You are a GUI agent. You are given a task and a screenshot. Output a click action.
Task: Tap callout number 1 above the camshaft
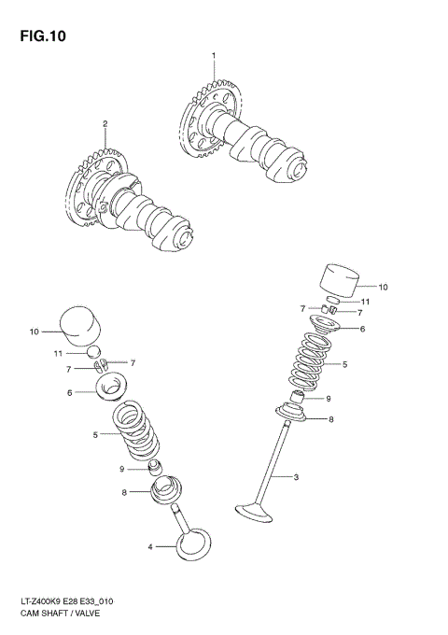click(213, 56)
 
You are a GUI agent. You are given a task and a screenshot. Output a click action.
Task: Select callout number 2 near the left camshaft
click(105, 123)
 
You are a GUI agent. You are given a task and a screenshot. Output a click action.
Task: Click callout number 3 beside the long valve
click(296, 478)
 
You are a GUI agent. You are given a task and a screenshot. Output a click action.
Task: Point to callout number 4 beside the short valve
click(148, 548)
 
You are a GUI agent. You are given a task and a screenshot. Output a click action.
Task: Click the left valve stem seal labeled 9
click(156, 466)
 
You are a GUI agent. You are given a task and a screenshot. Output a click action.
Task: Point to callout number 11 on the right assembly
click(367, 302)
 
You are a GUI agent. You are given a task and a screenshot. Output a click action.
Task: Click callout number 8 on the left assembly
click(123, 492)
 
